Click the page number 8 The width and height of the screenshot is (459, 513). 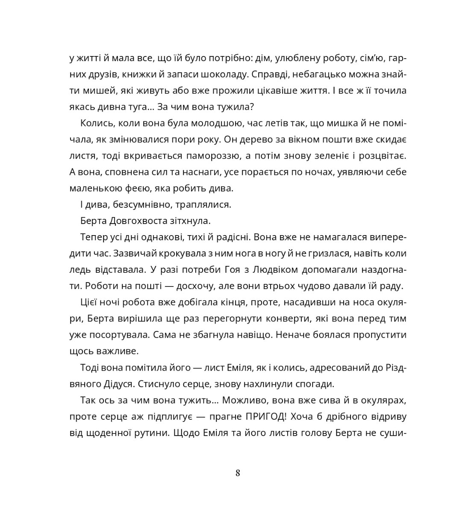point(238,473)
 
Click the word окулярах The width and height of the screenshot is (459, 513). point(380,401)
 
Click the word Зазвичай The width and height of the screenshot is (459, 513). point(135,254)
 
